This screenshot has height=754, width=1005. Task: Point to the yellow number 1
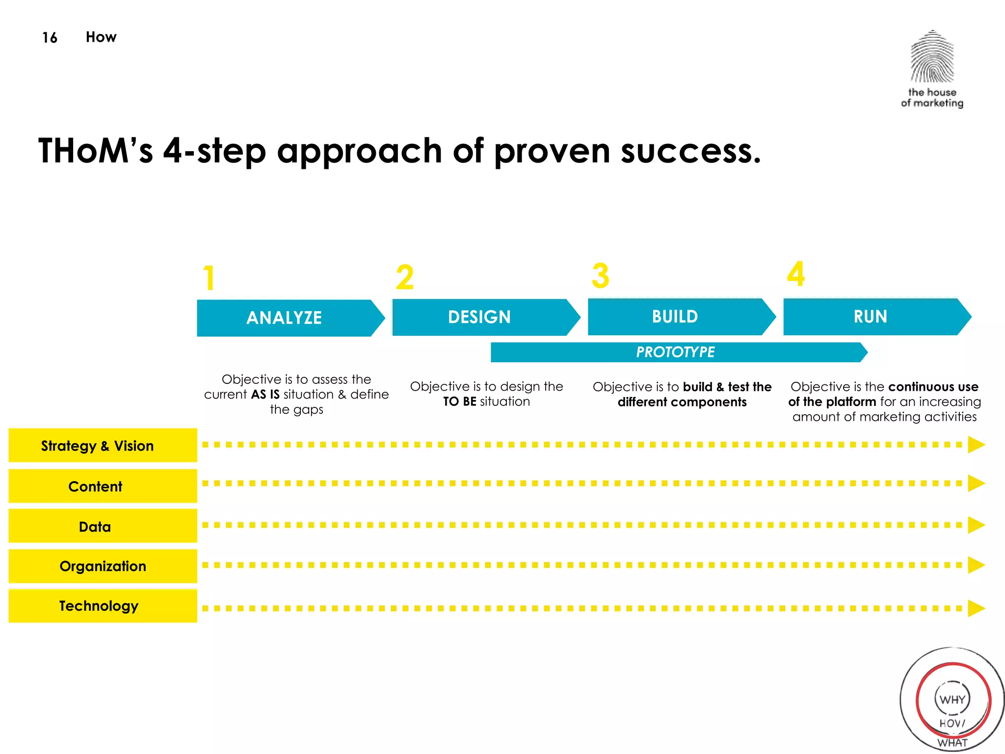coord(209,278)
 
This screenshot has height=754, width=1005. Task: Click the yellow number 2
coord(405,277)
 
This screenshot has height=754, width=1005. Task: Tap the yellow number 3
coord(600,276)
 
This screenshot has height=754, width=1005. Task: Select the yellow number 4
coord(796,274)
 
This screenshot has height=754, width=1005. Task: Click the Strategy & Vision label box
coord(103,445)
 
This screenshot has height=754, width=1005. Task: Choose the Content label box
coord(103,486)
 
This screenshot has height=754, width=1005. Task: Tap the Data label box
coord(103,526)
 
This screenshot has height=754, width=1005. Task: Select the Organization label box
coord(103,566)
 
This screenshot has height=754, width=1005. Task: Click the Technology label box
coord(103,606)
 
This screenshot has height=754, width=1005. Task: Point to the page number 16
coord(50,38)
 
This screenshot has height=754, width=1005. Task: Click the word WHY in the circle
coord(952,700)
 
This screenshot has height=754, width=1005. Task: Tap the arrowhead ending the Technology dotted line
coord(976,608)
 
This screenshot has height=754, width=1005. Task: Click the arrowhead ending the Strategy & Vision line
coord(976,445)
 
